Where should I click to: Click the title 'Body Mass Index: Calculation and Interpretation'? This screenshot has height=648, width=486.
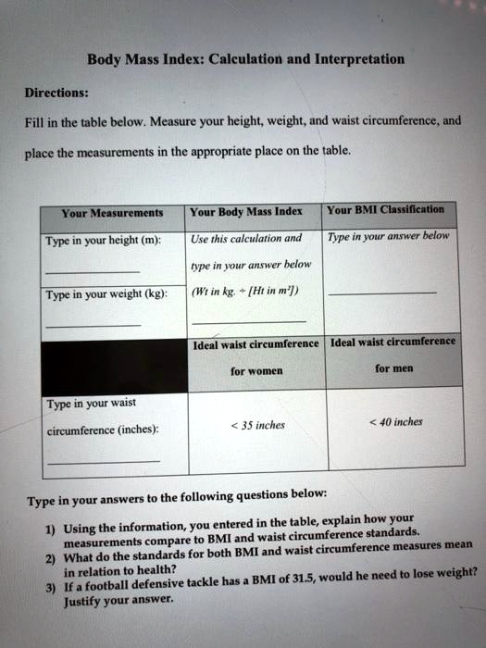coord(245,60)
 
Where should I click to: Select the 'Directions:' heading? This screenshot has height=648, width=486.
coord(56,93)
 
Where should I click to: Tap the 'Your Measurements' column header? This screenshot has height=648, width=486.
coord(112,213)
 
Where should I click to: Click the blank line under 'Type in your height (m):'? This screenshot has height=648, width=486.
coord(93,271)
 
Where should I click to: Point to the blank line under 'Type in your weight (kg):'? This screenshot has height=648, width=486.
coord(93,325)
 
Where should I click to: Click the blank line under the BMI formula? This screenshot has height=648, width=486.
coord(248,320)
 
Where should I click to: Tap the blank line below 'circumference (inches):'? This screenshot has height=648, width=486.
coord(102,460)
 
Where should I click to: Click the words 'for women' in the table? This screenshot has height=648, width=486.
coord(256,372)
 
